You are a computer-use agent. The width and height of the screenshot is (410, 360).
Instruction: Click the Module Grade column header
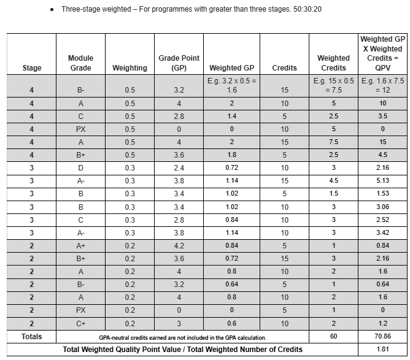(x=80, y=63)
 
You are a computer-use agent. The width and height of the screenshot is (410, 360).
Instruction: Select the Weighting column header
(x=130, y=68)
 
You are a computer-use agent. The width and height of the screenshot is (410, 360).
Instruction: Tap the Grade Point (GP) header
(x=177, y=63)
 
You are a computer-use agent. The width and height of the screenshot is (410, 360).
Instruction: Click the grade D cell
(x=80, y=167)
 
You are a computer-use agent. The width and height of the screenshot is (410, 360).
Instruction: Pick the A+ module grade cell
(x=80, y=245)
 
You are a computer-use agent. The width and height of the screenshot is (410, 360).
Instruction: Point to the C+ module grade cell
(x=80, y=323)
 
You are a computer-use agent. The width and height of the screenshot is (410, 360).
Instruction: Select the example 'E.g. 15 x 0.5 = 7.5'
(x=333, y=85)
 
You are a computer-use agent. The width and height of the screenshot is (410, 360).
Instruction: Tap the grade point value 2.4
(x=177, y=167)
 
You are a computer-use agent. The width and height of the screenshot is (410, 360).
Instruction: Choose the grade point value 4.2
(x=177, y=245)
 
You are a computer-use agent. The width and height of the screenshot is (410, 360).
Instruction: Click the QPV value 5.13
(x=382, y=180)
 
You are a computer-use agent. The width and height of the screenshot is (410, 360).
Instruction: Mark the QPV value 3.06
(x=382, y=207)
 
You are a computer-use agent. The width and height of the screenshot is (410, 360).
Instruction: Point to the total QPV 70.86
(x=382, y=337)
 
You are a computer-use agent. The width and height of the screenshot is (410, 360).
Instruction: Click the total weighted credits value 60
(x=333, y=337)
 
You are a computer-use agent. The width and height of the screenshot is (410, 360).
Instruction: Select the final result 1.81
(x=382, y=350)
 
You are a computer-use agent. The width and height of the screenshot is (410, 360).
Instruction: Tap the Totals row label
(x=32, y=337)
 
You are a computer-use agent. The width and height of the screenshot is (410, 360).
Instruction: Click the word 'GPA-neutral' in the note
(x=116, y=337)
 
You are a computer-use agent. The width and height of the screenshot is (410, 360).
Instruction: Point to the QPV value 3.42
(x=382, y=232)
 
